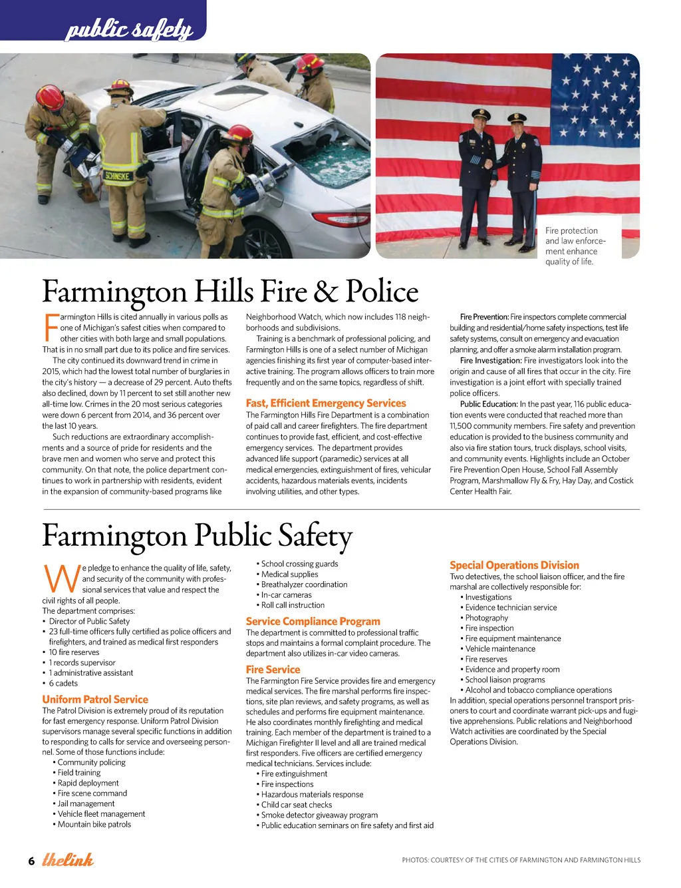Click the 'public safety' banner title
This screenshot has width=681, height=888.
point(129,29)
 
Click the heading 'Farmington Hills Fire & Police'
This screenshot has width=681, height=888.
point(230,292)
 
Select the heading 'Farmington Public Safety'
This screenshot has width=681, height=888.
point(197,536)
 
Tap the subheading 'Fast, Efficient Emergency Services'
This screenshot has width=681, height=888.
point(326,403)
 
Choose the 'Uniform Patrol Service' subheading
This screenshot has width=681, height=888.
point(95,700)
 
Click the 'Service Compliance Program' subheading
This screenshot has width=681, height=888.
point(313,621)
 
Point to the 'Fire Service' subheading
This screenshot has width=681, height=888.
point(273,670)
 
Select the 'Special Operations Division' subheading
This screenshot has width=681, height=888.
point(514,565)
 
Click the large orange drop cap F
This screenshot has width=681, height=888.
point(51,328)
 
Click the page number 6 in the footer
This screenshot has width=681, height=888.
point(31,861)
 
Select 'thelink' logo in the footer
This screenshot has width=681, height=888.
point(68,859)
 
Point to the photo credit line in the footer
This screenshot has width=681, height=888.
point(521,860)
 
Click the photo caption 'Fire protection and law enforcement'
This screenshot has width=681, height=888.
point(575,246)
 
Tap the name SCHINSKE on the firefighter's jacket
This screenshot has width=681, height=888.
point(117,176)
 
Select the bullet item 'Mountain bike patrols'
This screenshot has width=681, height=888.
point(94,824)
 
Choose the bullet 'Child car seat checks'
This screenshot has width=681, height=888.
point(297,805)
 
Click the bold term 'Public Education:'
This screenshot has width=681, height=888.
point(489,404)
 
